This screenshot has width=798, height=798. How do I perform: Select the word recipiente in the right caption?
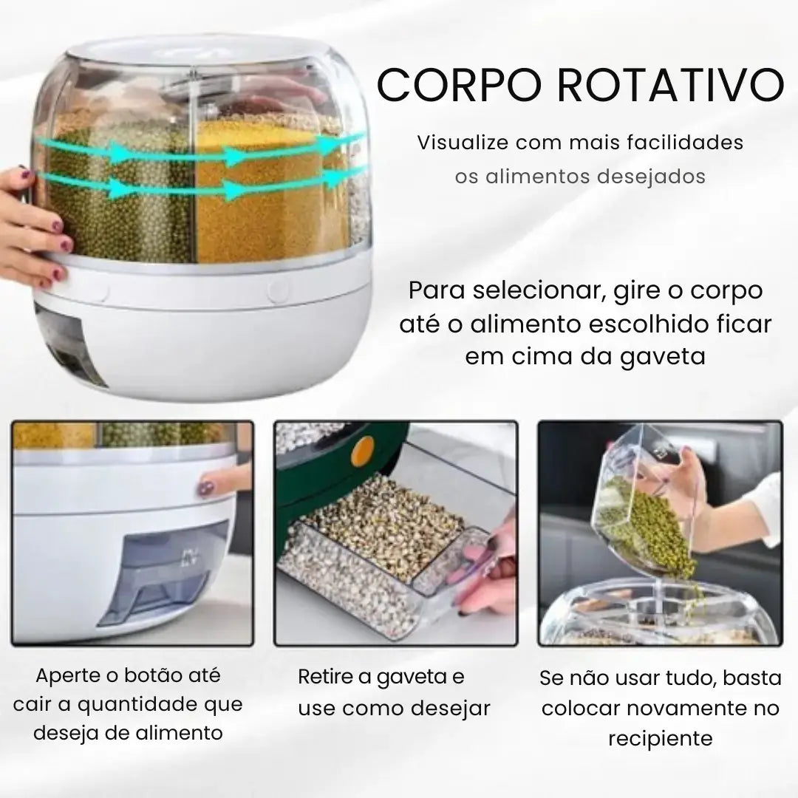pyautogui.click(x=661, y=738)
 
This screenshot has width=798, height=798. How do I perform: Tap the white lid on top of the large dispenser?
pyautogui.click(x=199, y=52)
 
